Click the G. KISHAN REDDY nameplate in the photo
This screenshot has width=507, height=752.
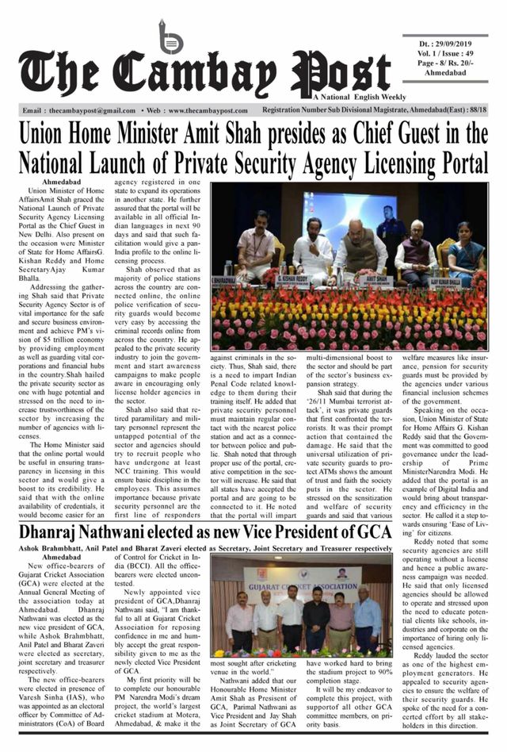pos(295,279)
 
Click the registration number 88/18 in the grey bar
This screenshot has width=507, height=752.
pos(476,111)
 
